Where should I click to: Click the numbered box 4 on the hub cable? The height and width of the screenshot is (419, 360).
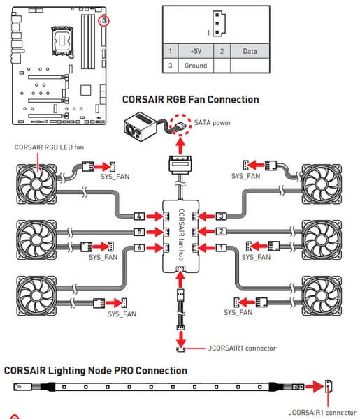139,216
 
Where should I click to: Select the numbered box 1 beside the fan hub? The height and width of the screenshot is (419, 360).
221,248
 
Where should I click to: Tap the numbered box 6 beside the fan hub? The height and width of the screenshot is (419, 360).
139,248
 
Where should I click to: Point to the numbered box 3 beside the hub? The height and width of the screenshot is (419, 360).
221,216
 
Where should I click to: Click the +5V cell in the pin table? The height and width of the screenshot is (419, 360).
196,51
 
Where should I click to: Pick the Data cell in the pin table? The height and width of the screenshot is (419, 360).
250,51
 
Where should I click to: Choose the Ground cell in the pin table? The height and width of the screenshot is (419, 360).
196,66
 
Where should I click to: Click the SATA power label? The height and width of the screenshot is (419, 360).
213,123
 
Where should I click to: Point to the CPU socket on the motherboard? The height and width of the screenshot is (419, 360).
62,41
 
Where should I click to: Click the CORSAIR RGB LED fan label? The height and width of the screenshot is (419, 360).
49,147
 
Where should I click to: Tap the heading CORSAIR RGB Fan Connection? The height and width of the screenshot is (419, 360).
190,100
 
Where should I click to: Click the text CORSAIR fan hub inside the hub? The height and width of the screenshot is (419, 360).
181,235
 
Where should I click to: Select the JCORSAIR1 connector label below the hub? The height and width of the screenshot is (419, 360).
242,348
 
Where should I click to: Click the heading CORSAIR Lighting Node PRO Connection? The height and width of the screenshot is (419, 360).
96,371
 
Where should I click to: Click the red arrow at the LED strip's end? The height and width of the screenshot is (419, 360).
315,387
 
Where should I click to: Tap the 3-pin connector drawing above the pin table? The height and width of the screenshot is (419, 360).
219,24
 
